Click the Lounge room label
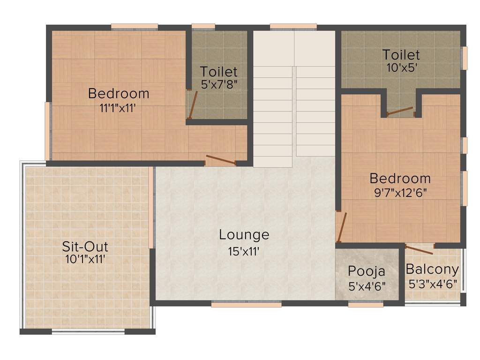pos(244,234)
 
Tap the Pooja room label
pos(367,271)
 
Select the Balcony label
pos(432,270)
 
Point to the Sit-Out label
pos(85,246)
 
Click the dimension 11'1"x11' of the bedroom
pos(119,107)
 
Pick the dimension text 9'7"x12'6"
pos(400,192)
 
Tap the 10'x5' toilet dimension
pos(400,67)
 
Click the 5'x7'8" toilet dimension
pos(218,85)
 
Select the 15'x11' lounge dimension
pos(244,251)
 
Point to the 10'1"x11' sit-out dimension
pos(89,258)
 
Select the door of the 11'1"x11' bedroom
pos(220,160)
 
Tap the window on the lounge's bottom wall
pos(246,304)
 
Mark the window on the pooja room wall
pos(366,304)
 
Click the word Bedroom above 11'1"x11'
pos(119,93)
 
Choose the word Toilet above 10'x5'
pos(400,55)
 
